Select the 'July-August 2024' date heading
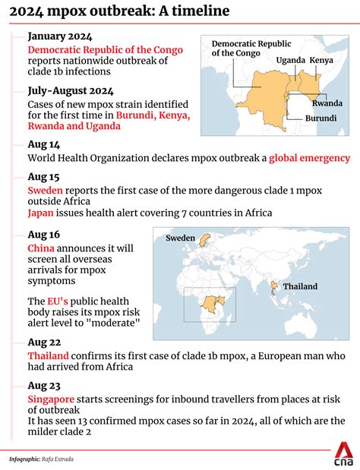[71, 90]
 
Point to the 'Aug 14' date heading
[43, 144]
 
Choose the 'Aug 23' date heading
[43, 384]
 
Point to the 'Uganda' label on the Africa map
[290, 59]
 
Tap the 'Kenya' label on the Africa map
[321, 59]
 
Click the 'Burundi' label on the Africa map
[321, 118]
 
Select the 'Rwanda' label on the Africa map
[327, 103]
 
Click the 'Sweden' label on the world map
[181, 238]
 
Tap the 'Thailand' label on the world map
[300, 286]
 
